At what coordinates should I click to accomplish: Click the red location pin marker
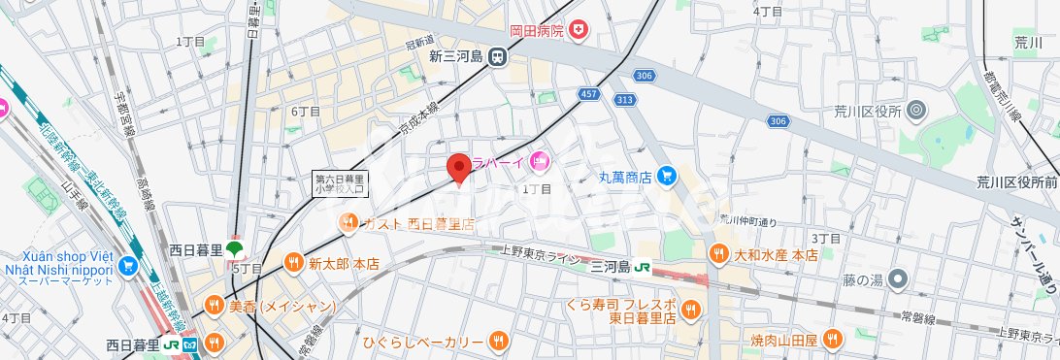pos(459,166)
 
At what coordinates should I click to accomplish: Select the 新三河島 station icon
pos(497,56)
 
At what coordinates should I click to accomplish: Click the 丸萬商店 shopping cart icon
pos(666,176)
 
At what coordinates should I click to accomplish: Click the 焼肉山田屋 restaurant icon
pos(831,339)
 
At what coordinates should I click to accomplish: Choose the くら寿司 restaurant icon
pos(690,309)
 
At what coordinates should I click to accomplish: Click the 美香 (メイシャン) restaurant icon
pos(214,307)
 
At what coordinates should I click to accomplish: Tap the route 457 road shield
pos(588,93)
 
